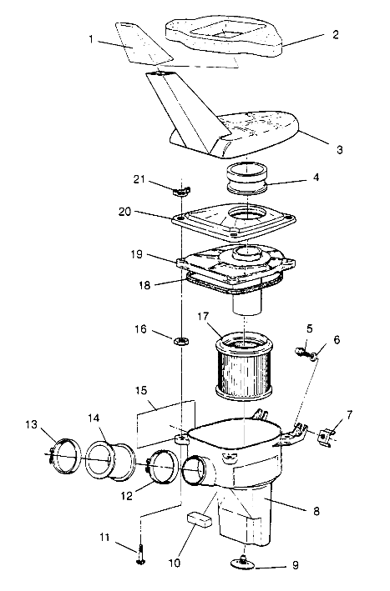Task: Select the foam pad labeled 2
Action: [x=224, y=33]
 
